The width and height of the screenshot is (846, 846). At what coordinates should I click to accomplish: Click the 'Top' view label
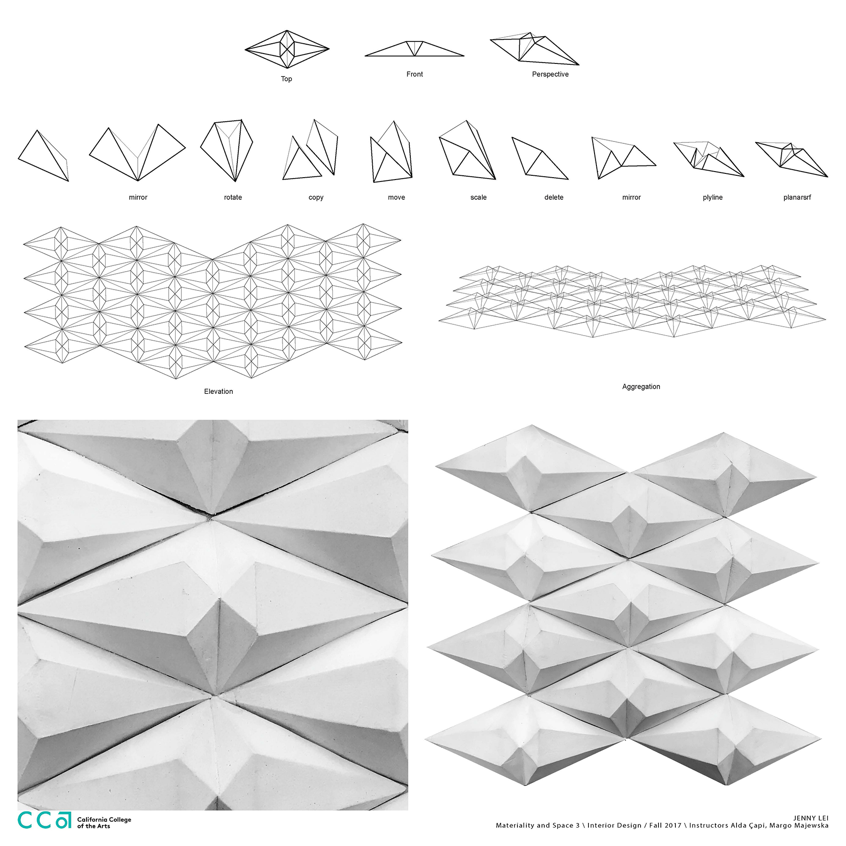tap(286, 79)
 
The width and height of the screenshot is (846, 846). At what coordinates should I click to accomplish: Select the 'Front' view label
tap(415, 74)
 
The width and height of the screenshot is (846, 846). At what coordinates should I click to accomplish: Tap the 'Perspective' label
tap(550, 74)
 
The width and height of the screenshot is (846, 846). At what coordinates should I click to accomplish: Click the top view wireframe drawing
tap(287, 49)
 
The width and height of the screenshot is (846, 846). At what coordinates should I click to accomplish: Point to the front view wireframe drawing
tap(415, 49)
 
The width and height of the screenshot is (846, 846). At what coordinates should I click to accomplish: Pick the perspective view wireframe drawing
tap(534, 49)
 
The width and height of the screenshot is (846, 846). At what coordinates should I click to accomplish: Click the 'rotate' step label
tap(233, 197)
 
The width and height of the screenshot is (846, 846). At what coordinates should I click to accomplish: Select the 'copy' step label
tap(316, 197)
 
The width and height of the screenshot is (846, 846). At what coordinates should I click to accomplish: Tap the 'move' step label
tap(396, 197)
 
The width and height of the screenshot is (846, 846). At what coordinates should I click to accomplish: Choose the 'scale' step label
tap(478, 197)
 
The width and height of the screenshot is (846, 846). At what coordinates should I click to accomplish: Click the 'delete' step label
tap(554, 197)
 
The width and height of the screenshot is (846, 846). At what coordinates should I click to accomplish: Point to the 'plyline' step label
tap(713, 197)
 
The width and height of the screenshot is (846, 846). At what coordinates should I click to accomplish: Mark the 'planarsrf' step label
tap(797, 197)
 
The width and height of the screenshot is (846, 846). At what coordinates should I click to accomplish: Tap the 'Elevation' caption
tap(218, 392)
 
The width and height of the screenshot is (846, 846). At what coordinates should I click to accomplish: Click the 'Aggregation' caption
tap(641, 387)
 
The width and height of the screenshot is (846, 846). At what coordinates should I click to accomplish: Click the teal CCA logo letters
tap(44, 820)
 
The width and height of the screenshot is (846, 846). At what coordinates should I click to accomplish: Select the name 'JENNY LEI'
tap(811, 818)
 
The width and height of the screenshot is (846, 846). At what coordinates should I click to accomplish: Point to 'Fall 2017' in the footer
tap(665, 825)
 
